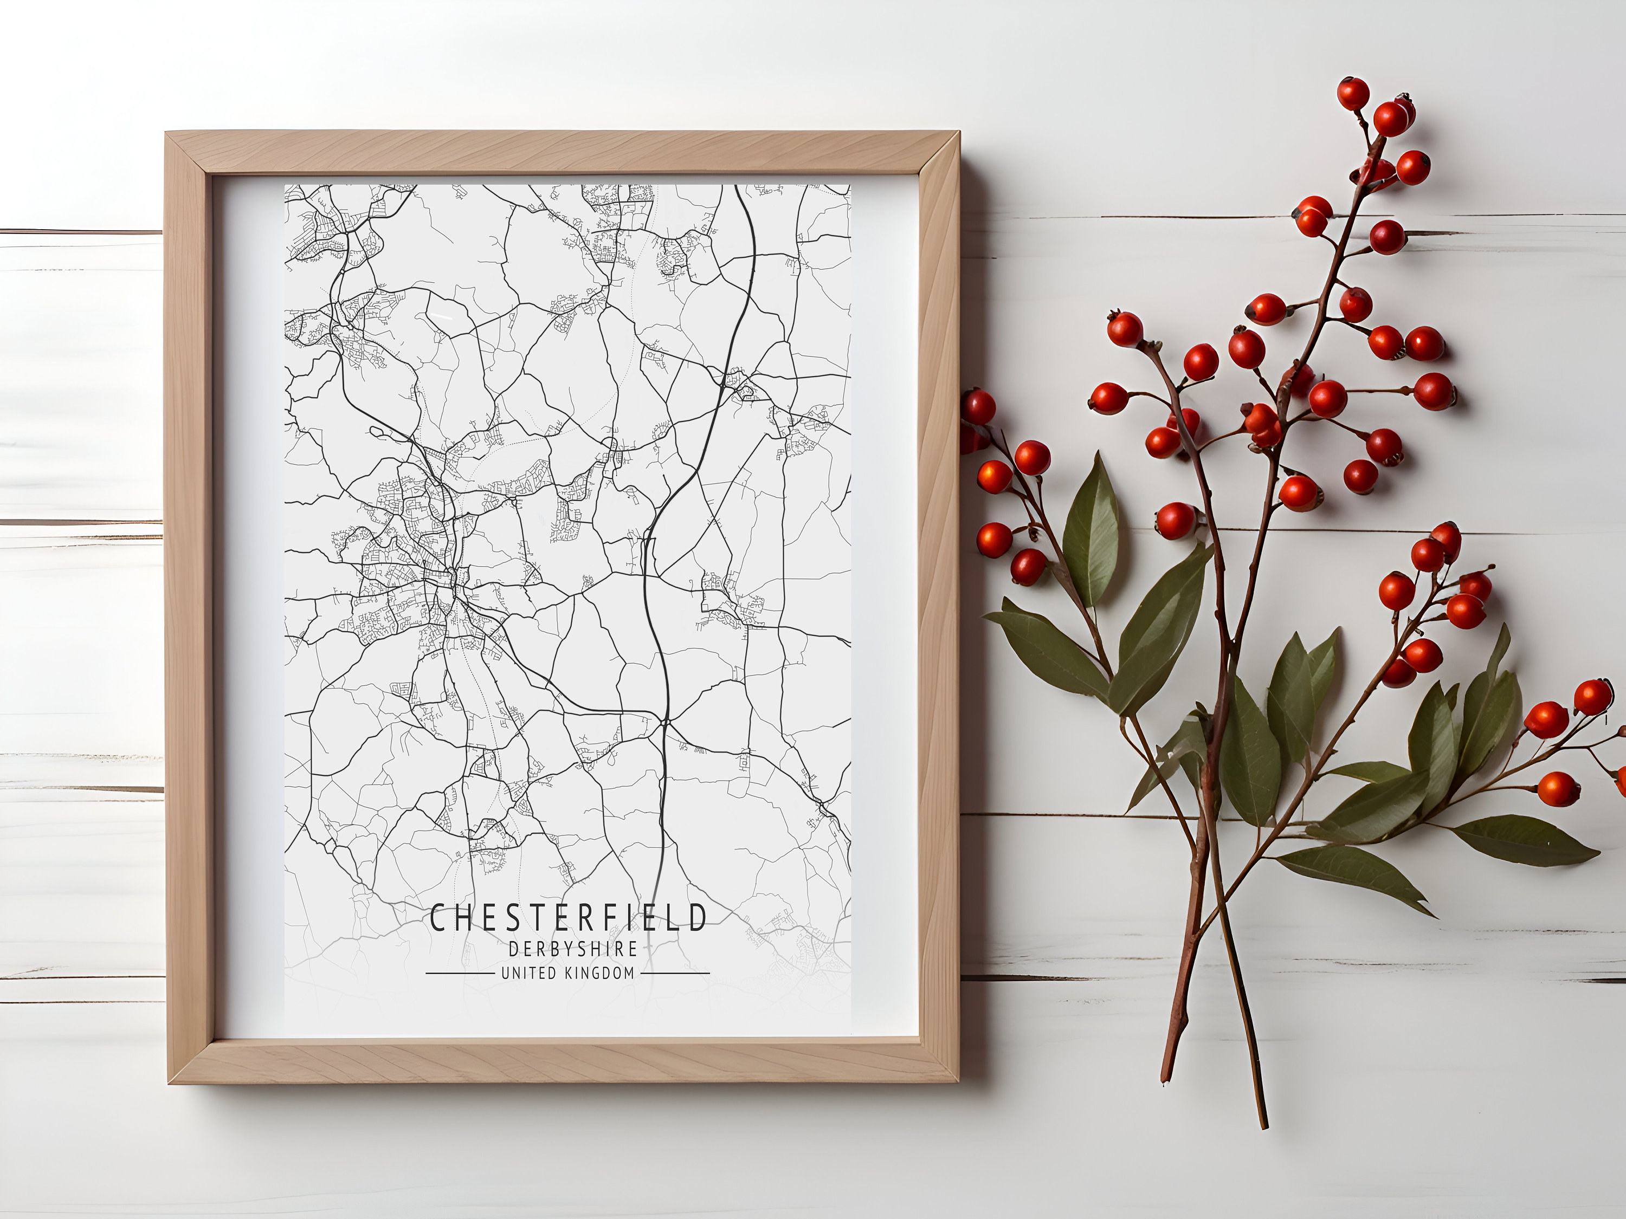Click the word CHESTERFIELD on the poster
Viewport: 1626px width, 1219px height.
pyautogui.click(x=567, y=917)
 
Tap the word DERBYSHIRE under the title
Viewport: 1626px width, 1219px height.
pyautogui.click(x=573, y=949)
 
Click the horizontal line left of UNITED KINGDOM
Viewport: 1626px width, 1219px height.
pyautogui.click(x=460, y=974)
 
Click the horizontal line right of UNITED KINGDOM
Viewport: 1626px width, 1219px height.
pyautogui.click(x=675, y=974)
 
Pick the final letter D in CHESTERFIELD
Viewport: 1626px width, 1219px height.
pyautogui.click(x=698, y=917)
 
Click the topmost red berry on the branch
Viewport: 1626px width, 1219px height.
pyautogui.click(x=1352, y=93)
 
